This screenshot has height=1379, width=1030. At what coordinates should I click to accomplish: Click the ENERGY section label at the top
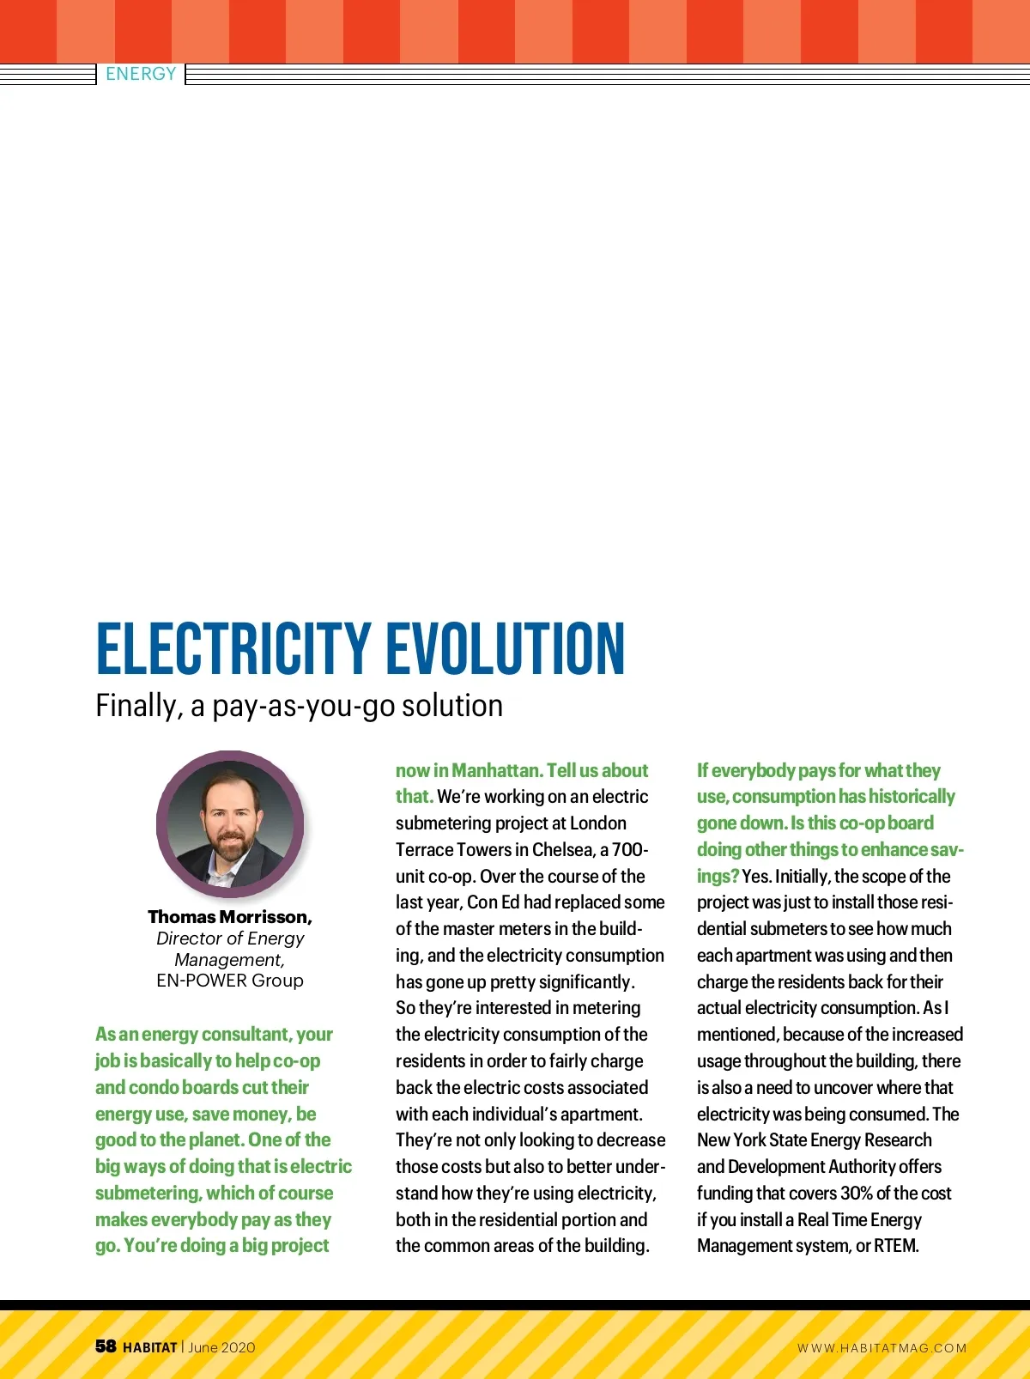pyautogui.click(x=141, y=74)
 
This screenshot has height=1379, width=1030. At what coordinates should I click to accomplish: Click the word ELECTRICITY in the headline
pyautogui.click(x=233, y=649)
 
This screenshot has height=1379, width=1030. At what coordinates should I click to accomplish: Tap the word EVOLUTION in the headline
pyautogui.click(x=506, y=649)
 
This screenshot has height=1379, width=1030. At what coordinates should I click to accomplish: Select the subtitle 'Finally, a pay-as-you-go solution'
pyautogui.click(x=299, y=706)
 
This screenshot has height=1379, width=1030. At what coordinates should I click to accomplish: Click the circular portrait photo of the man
pyautogui.click(x=230, y=824)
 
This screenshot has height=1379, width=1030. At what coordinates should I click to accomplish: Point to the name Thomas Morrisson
pyautogui.click(x=229, y=917)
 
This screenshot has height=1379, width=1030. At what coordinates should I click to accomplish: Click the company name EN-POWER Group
pyautogui.click(x=230, y=981)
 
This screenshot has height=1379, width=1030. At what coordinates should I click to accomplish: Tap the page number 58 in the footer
pyautogui.click(x=106, y=1346)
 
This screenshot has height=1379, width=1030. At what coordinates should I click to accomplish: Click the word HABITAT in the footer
pyautogui.click(x=150, y=1347)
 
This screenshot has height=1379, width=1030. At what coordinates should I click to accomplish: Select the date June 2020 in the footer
pyautogui.click(x=221, y=1347)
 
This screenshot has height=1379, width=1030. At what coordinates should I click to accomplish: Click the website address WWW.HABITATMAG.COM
pyautogui.click(x=882, y=1348)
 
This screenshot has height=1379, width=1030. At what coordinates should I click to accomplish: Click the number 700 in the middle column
pyautogui.click(x=629, y=850)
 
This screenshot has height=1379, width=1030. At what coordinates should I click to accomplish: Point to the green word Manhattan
pyautogui.click(x=495, y=771)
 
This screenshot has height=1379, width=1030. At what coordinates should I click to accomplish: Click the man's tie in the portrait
pyautogui.click(x=226, y=877)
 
